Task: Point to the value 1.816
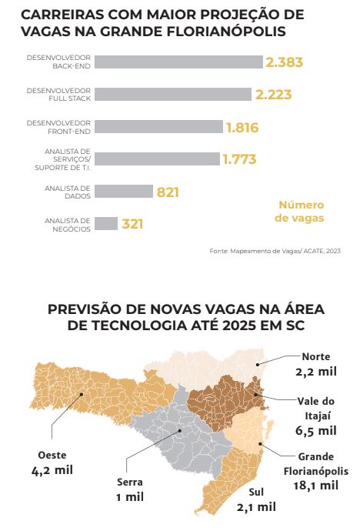point(242,127)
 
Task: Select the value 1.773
point(239,159)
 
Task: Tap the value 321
point(132,224)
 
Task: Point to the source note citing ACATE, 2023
point(275,251)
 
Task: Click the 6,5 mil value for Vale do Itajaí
point(316,429)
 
